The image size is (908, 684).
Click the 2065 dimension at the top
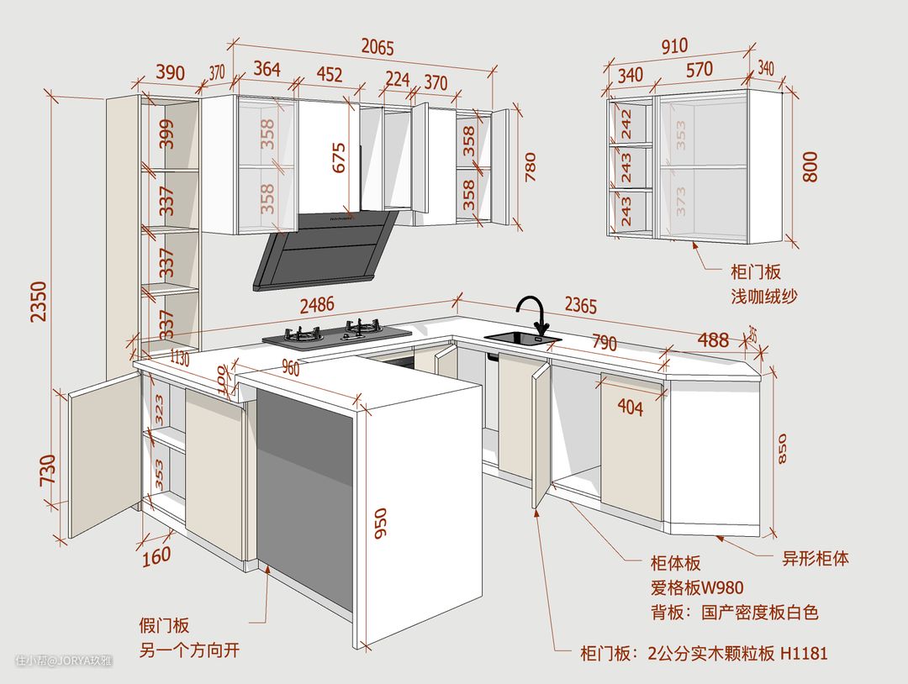[377, 48]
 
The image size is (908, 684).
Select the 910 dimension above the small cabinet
[673, 45]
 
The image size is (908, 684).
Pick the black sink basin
[521, 339]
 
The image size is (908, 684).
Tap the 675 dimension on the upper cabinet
[339, 157]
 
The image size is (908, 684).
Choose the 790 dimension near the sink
[604, 343]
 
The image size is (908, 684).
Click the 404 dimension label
[630, 408]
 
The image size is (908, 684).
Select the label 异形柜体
[816, 559]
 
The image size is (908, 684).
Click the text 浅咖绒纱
[764, 296]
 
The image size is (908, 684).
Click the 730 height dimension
[48, 469]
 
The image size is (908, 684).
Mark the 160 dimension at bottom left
[156, 555]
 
